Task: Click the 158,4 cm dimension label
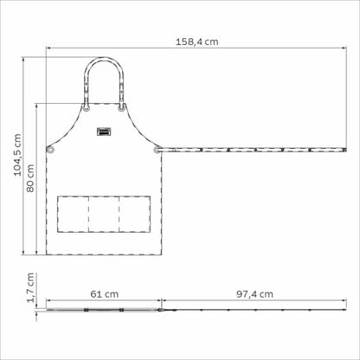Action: (x=197, y=42)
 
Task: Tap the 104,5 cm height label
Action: (x=18, y=155)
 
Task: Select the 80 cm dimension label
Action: (x=30, y=178)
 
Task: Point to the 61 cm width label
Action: (x=105, y=294)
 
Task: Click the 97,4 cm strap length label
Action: (x=254, y=294)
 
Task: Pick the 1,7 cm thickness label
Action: (x=30, y=287)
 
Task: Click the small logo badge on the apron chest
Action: (x=104, y=132)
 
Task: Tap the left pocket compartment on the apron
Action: (x=73, y=214)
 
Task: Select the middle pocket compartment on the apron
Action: (x=104, y=214)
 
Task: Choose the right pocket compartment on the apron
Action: (x=135, y=214)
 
